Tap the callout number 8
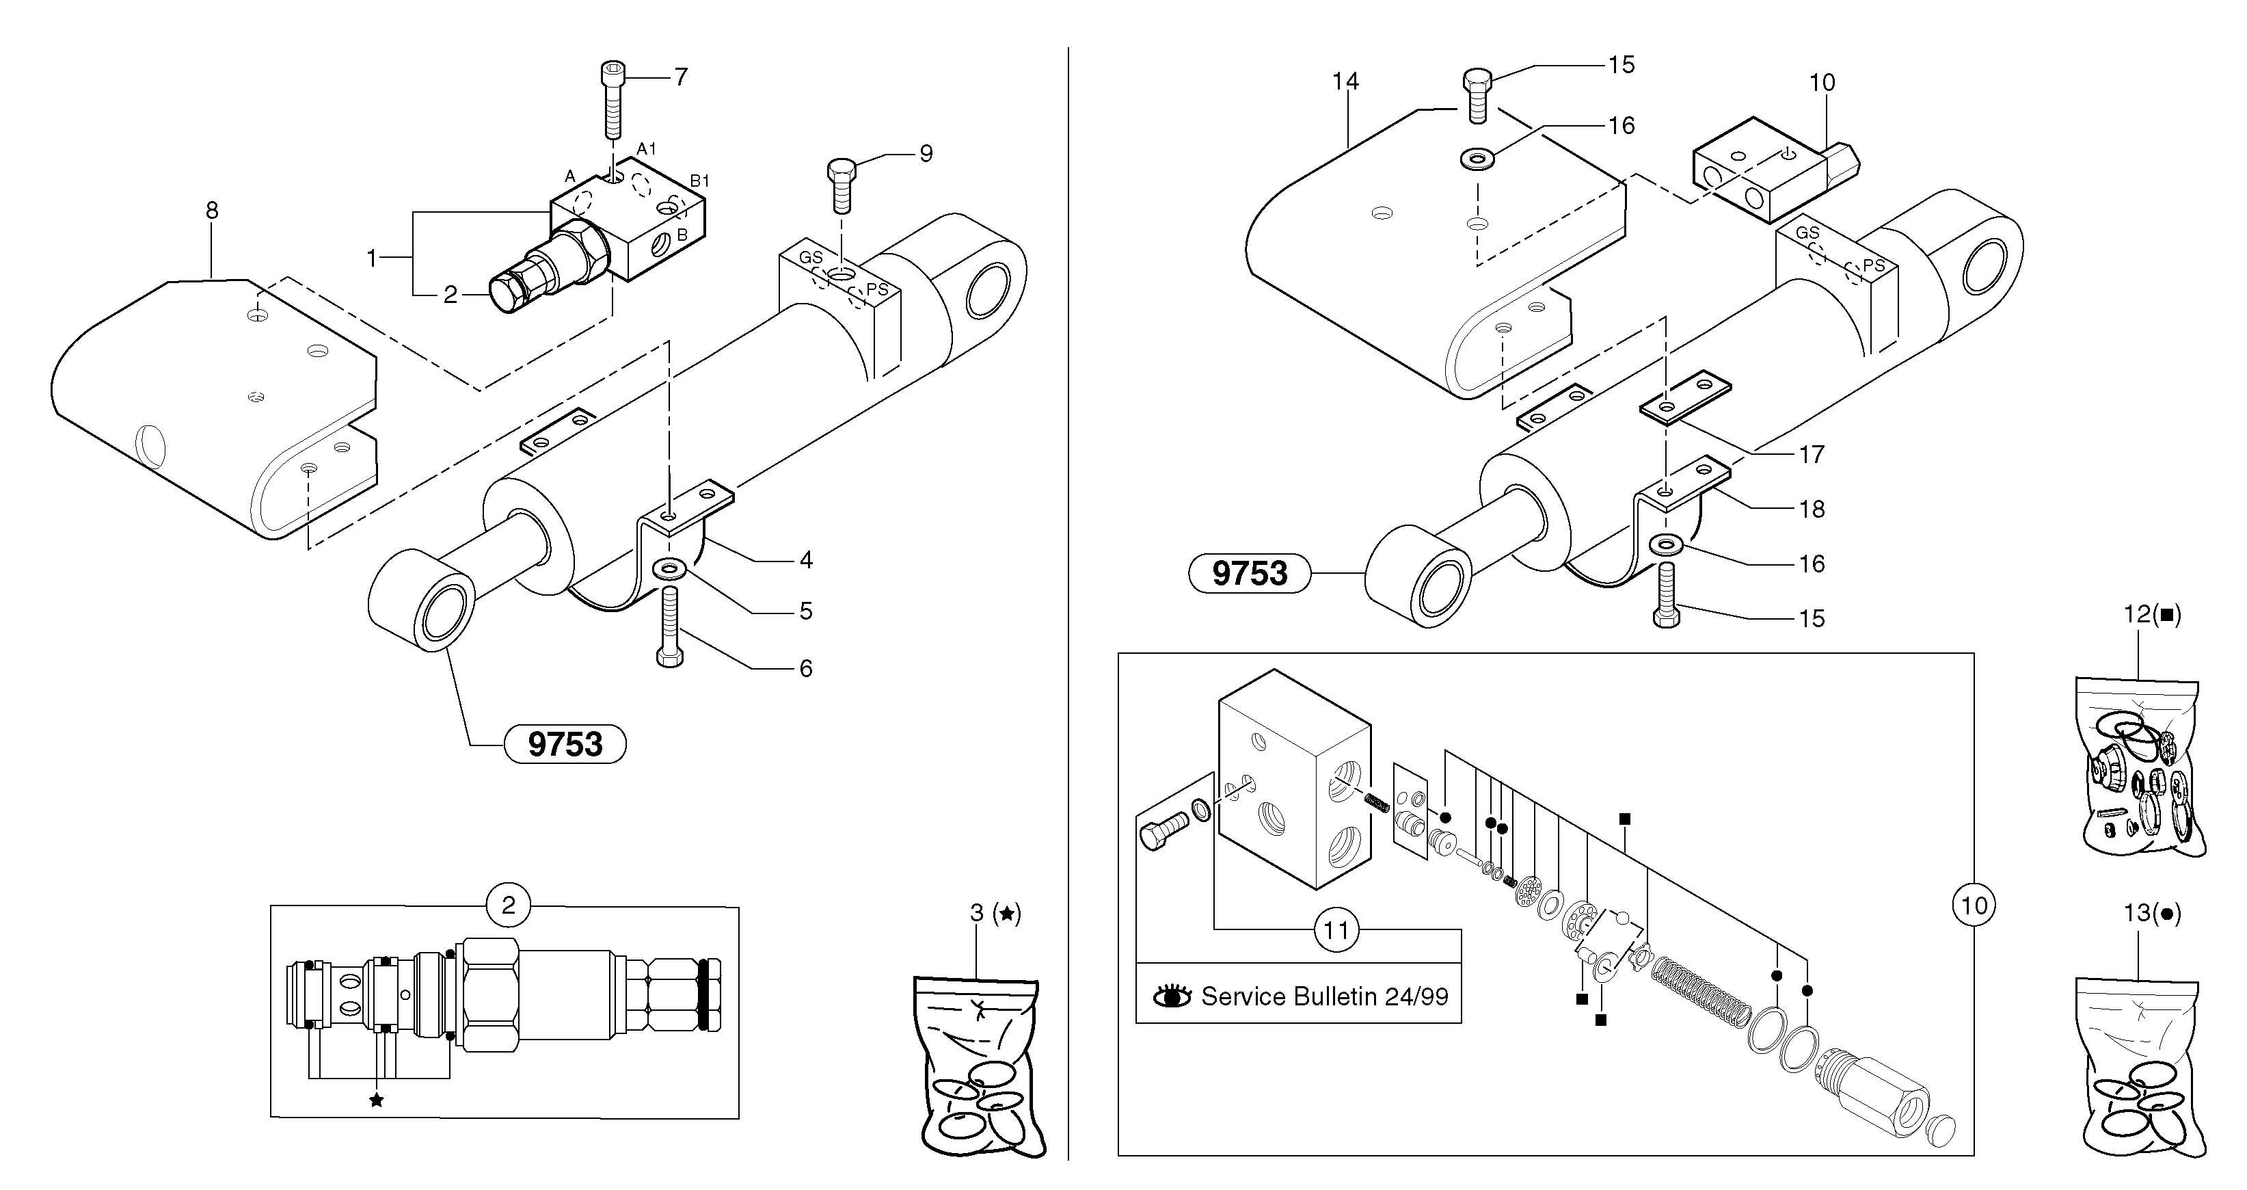(212, 210)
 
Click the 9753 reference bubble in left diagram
(565, 744)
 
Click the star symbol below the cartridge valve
(376, 1100)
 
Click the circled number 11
(1336, 930)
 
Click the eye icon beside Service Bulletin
(1172, 996)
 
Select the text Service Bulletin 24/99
(1324, 996)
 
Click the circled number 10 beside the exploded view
(1974, 905)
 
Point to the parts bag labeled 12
(2140, 768)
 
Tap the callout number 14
(1345, 81)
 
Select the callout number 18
(1812, 509)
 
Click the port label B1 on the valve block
(699, 181)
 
